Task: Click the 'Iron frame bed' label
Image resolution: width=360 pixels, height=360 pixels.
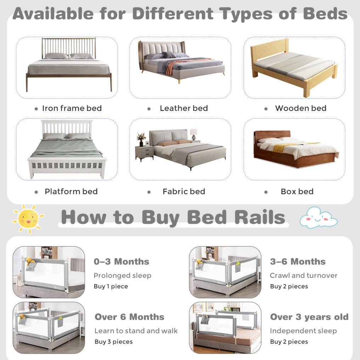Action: tap(72, 108)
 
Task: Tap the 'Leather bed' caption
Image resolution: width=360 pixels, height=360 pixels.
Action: tap(184, 108)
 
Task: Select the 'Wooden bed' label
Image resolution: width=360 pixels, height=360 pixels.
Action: tap(301, 108)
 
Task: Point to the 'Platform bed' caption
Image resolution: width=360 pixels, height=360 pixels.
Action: tap(71, 191)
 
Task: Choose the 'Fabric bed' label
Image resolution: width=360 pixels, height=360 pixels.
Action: tap(184, 191)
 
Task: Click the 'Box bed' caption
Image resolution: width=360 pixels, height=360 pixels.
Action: tap(297, 191)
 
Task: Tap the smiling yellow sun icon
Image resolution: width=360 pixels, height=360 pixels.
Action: tap(28, 219)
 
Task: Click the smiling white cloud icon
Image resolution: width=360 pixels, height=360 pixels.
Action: tap(319, 218)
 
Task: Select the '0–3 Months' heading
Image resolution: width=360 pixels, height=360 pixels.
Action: tap(122, 261)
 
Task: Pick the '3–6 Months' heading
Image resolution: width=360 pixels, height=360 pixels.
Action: tap(298, 261)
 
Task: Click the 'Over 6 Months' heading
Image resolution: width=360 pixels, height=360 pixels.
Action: tap(129, 317)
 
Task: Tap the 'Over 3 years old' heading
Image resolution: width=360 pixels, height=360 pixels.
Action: tap(309, 317)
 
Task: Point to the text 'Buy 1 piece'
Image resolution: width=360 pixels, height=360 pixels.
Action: tap(111, 286)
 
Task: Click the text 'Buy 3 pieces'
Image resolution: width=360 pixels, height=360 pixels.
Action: tap(114, 342)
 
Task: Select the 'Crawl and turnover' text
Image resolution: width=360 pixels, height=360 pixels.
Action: tap(304, 275)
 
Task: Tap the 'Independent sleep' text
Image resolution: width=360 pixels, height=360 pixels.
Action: tap(303, 331)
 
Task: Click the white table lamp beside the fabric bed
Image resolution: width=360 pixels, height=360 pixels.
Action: tap(193, 134)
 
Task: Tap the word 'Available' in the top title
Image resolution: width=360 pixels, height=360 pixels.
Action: tap(53, 13)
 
